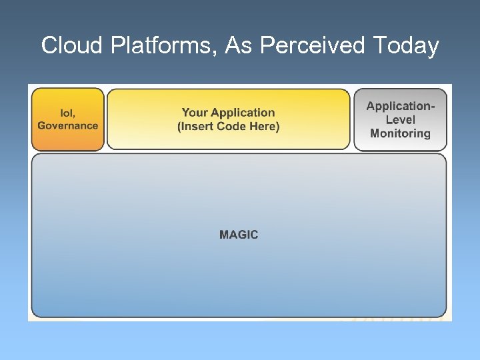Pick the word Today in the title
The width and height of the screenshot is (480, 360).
[406, 46]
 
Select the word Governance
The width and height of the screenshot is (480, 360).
[67, 126]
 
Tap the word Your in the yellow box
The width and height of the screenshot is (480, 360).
[195, 113]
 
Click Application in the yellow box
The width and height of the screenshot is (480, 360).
[243, 113]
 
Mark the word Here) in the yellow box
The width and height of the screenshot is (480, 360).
[265, 127]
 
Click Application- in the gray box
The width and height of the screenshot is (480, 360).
[400, 106]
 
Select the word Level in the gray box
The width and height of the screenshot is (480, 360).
[400, 120]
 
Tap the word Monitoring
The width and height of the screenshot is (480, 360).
[400, 133]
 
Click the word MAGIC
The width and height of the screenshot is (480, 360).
[239, 235]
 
